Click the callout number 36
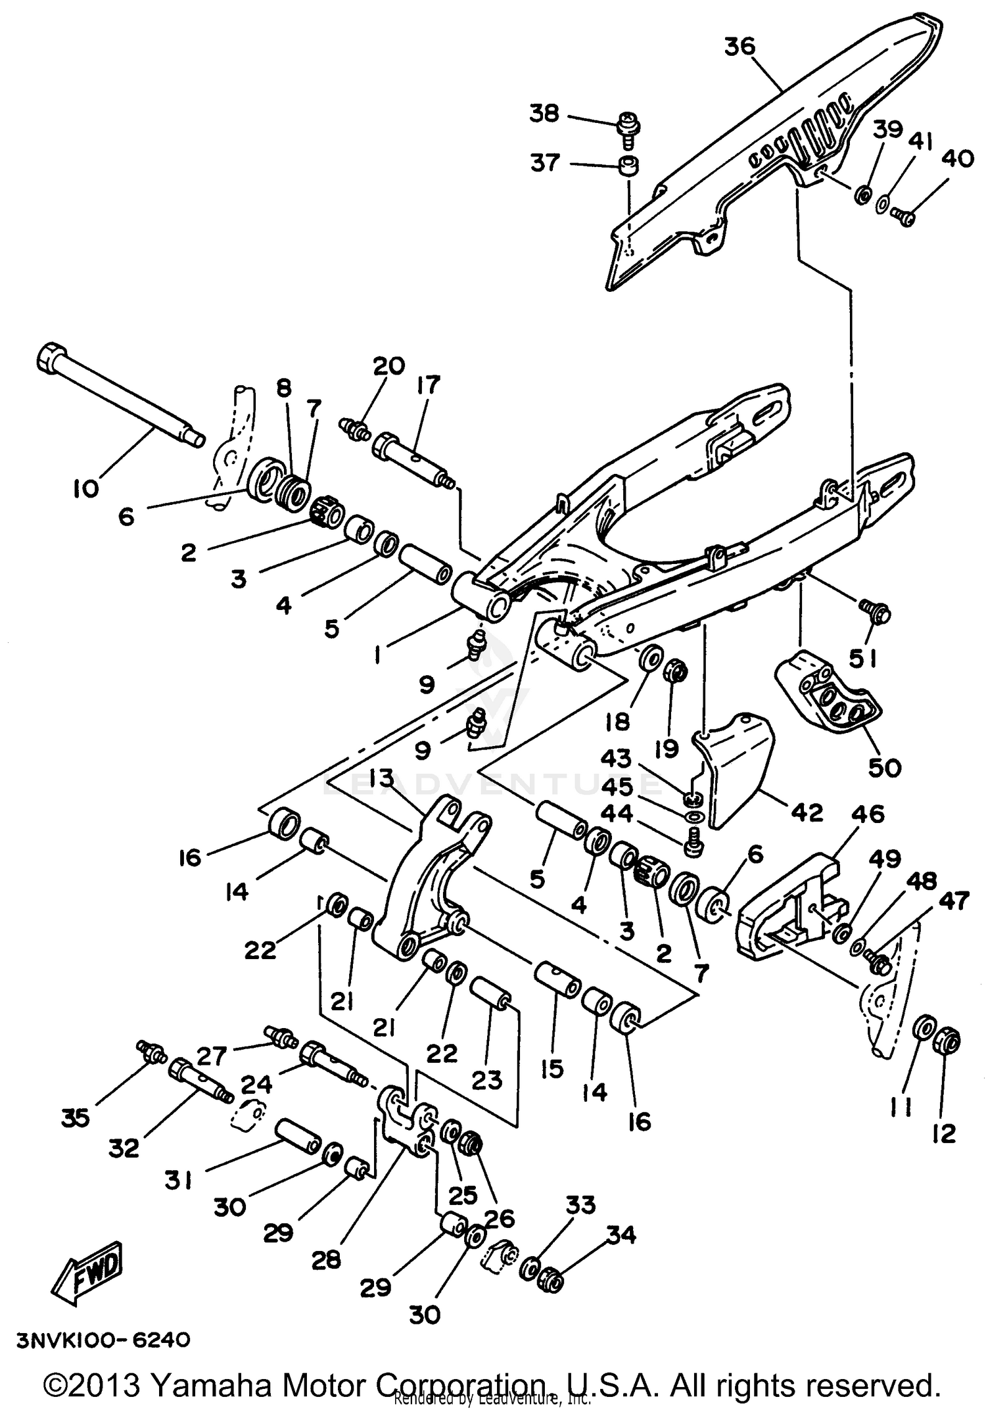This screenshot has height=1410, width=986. (740, 47)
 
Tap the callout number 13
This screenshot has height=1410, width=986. (381, 778)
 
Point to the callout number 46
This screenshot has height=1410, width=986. (868, 814)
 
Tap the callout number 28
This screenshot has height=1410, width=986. (326, 1259)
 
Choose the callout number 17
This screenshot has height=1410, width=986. (428, 385)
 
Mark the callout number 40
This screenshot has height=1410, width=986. (957, 158)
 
